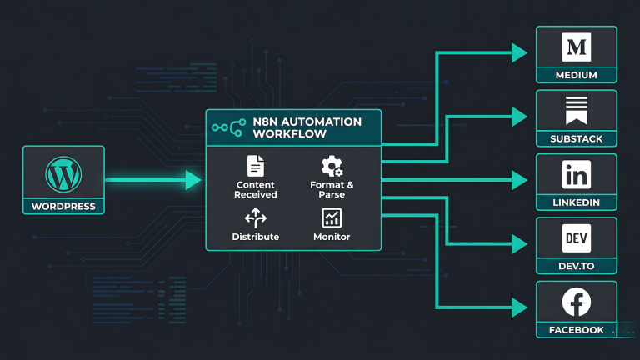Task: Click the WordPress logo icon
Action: (63, 176)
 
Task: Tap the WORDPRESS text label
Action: (63, 206)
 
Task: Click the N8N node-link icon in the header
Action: (227, 128)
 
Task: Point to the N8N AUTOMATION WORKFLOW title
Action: (307, 127)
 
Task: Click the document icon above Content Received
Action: (256, 165)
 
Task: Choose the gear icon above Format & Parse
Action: (332, 166)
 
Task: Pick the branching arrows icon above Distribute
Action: (256, 218)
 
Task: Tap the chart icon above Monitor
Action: (331, 218)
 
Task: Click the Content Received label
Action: (256, 189)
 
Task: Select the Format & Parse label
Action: (332, 189)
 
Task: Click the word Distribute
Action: (256, 237)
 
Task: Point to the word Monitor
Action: (332, 237)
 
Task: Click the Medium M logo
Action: (577, 48)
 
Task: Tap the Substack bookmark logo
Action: (577, 111)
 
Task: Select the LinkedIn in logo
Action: (577, 176)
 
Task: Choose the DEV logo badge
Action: (577, 239)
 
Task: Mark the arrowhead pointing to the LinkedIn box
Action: (520, 179)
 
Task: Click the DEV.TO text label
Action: (577, 267)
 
